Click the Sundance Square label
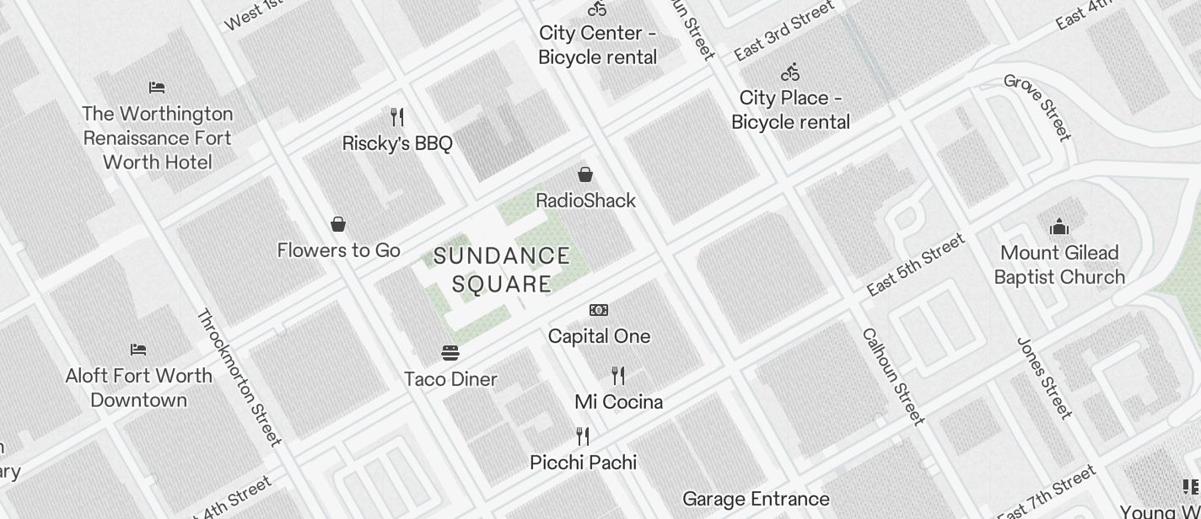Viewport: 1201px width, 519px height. [x=502, y=270]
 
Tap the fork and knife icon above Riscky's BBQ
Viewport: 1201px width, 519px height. [x=397, y=117]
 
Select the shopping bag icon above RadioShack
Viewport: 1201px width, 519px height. [x=585, y=174]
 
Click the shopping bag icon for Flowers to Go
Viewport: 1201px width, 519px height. [x=338, y=224]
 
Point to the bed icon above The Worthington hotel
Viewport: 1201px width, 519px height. [x=157, y=87]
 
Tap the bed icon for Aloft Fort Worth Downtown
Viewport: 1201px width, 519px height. [x=138, y=349]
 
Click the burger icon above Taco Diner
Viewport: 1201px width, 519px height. [x=450, y=352]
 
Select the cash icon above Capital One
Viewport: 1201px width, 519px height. [x=599, y=310]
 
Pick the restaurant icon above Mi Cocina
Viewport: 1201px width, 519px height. [x=618, y=376]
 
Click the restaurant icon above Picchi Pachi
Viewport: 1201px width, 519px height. [x=583, y=436]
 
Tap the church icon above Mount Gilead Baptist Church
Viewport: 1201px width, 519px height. [x=1059, y=227]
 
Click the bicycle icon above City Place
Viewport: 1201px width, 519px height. [x=790, y=72]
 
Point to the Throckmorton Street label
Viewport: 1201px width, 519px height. [x=239, y=377]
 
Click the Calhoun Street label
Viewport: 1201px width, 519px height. [x=894, y=376]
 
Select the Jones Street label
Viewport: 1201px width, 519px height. [x=1045, y=378]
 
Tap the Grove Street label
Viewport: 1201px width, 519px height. [x=1037, y=107]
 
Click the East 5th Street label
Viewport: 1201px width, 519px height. [x=916, y=265]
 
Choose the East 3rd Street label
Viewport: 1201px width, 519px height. [x=784, y=31]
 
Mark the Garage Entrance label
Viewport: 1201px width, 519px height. [x=756, y=499]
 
